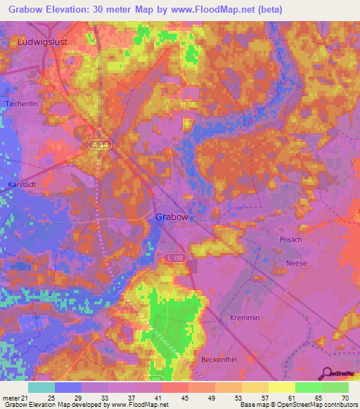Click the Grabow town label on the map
click(x=171, y=217)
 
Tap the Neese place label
click(x=297, y=263)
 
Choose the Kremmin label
click(x=245, y=318)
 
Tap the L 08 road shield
click(x=174, y=260)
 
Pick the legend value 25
click(x=51, y=398)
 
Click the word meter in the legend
click(x=12, y=398)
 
